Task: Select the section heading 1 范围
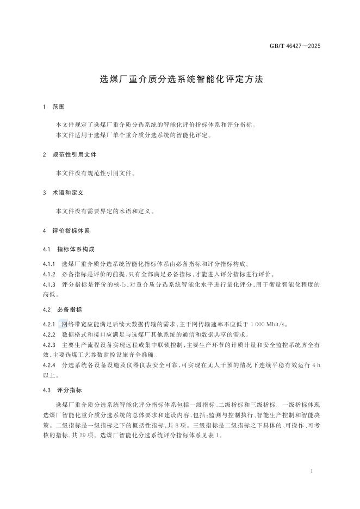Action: pyautogui.click(x=55, y=107)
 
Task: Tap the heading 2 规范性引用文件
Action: pyautogui.click(x=70, y=154)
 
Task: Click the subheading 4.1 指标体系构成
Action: pyautogui.click(x=69, y=249)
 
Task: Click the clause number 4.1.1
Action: pyautogui.click(x=49, y=263)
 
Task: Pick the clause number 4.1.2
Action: pyautogui.click(x=49, y=274)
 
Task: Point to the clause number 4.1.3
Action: pyautogui.click(x=49, y=284)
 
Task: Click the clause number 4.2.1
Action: pyautogui.click(x=49, y=324)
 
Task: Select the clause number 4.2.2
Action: pyautogui.click(x=49, y=334)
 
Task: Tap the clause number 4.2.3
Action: pyautogui.click(x=49, y=344)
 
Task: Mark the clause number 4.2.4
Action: pyautogui.click(x=49, y=365)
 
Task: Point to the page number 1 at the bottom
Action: pyautogui.click(x=311, y=471)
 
